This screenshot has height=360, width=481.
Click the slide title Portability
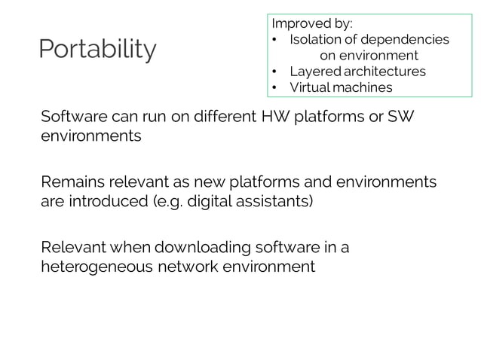98,50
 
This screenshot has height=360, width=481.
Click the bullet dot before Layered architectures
276,72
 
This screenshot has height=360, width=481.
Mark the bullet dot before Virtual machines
276,87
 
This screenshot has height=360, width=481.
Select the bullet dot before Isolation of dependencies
276,38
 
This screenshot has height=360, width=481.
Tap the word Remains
69,182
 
